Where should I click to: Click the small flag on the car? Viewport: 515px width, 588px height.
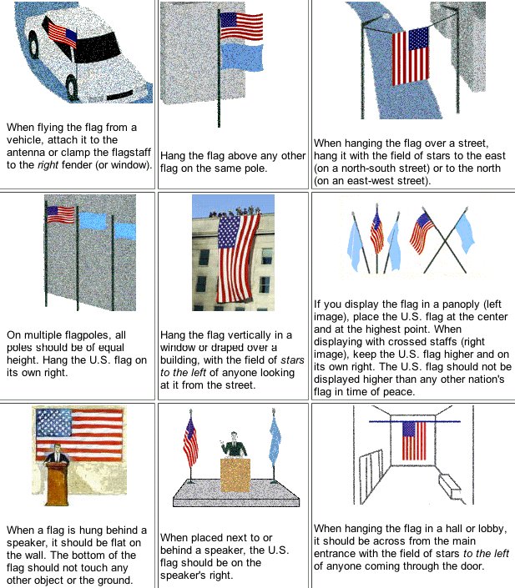click(63, 33)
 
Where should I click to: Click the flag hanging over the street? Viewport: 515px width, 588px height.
click(410, 56)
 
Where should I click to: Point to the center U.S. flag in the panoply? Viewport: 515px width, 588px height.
click(376, 233)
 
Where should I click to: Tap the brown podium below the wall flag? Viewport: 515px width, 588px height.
click(56, 487)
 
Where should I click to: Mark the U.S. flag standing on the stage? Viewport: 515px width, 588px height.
click(191, 441)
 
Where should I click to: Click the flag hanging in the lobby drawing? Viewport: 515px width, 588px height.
click(415, 440)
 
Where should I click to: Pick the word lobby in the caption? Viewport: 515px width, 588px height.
click(482, 529)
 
